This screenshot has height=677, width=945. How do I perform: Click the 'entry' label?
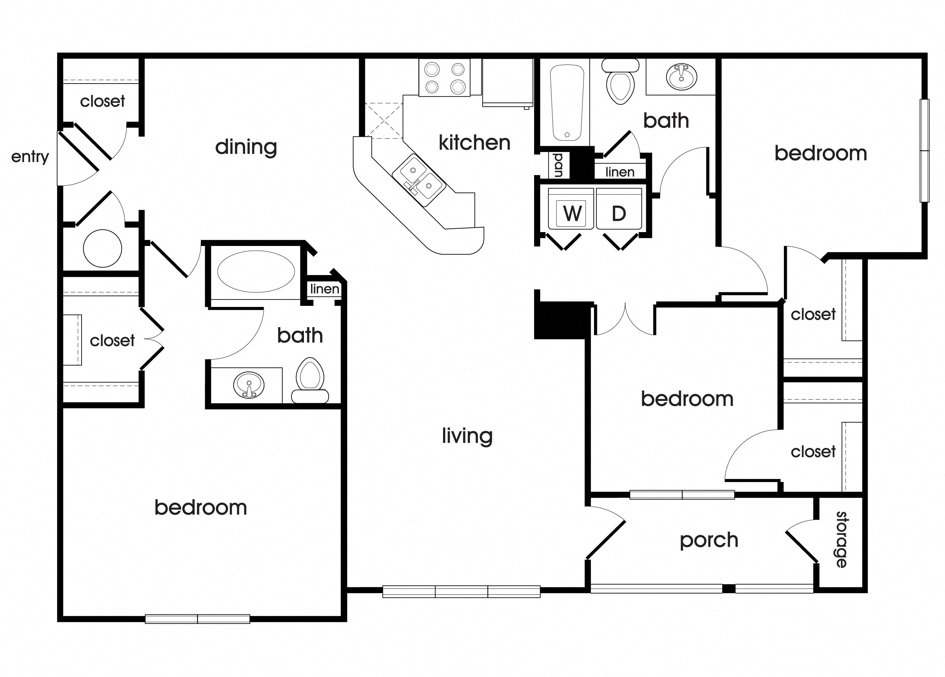(30, 157)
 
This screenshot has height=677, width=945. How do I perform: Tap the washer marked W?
(571, 213)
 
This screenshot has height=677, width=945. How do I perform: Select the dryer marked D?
(619, 213)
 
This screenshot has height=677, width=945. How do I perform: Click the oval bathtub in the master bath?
(256, 271)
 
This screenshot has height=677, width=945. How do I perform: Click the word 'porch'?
(709, 540)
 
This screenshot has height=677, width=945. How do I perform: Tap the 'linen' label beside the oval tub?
(325, 289)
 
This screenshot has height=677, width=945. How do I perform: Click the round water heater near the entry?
(102, 249)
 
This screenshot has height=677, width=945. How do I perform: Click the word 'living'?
(467, 436)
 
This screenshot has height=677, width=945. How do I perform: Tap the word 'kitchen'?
(474, 143)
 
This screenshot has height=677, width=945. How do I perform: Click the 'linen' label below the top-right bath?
(620, 172)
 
